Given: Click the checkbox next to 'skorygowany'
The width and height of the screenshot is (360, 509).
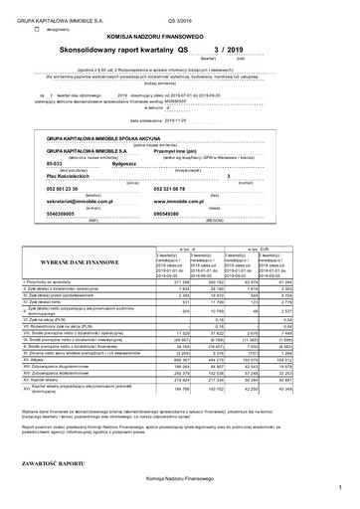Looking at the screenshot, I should pos(37,29).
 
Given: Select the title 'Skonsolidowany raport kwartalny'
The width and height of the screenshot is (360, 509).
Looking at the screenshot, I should pos(128,48).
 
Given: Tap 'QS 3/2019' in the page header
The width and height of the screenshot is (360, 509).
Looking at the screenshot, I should pos(181,18).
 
